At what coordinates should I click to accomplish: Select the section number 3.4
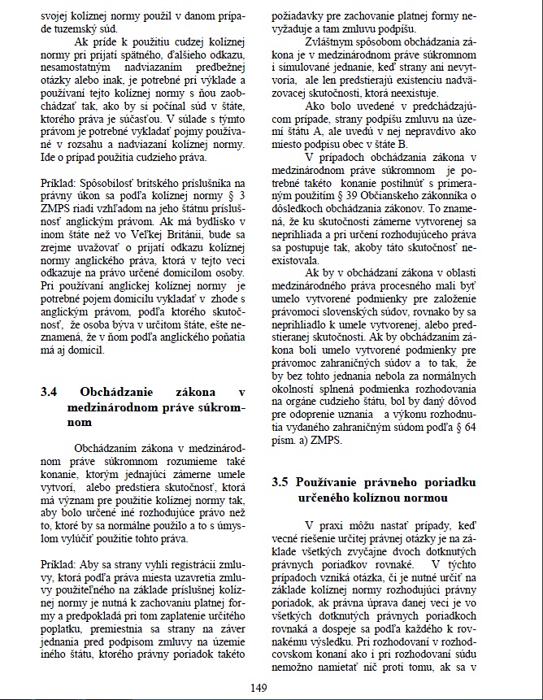tap(50, 392)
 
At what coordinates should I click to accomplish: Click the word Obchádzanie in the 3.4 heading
tap(119, 392)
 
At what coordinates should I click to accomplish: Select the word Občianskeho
tap(412, 193)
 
